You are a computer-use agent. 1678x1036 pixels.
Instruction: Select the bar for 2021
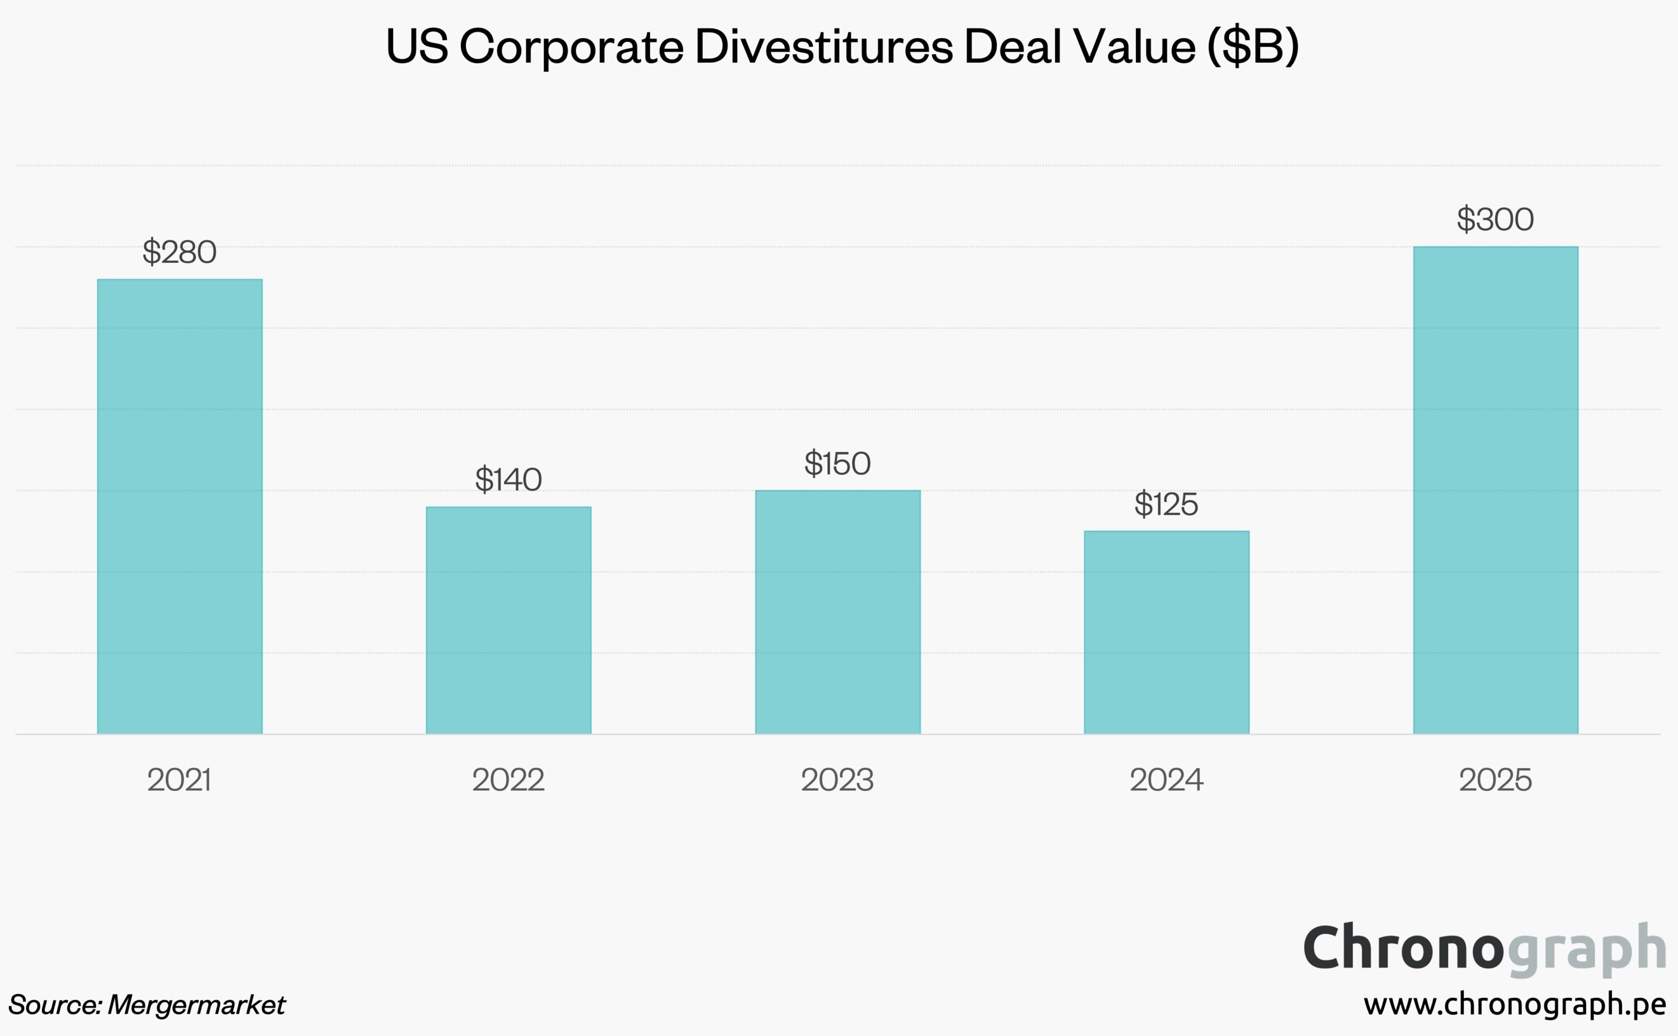pyautogui.click(x=180, y=506)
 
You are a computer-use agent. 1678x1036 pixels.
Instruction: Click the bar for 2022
pyautogui.click(x=508, y=620)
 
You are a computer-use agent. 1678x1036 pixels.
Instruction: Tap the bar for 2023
pyautogui.click(x=838, y=612)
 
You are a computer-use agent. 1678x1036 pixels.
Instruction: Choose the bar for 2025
pyautogui.click(x=1495, y=490)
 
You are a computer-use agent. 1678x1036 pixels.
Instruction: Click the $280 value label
pyautogui.click(x=180, y=252)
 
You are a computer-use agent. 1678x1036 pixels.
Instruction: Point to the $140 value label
pyautogui.click(x=508, y=479)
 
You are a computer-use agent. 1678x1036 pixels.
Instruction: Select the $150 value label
pyautogui.click(x=838, y=464)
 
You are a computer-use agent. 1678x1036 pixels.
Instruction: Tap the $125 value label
pyautogui.click(x=1166, y=505)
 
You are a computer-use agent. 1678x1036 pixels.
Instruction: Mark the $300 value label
pyautogui.click(x=1495, y=220)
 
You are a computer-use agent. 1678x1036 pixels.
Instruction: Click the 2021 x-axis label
pyautogui.click(x=180, y=780)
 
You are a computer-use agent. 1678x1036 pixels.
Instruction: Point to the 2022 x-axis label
pyautogui.click(x=508, y=780)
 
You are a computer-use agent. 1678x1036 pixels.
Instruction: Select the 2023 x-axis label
pyautogui.click(x=838, y=780)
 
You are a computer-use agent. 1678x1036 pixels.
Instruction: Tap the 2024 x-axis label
pyautogui.click(x=1166, y=780)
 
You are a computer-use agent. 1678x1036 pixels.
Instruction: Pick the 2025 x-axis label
pyautogui.click(x=1495, y=780)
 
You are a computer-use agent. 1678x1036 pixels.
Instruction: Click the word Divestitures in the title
pyautogui.click(x=824, y=46)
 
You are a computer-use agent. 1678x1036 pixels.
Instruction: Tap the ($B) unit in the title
pyautogui.click(x=1253, y=46)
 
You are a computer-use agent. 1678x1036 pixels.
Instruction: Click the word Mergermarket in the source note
pyautogui.click(x=196, y=1005)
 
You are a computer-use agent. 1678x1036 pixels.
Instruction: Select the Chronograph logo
pyautogui.click(x=1484, y=949)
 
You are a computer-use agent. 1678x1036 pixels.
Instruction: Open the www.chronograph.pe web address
pyautogui.click(x=1514, y=1005)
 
